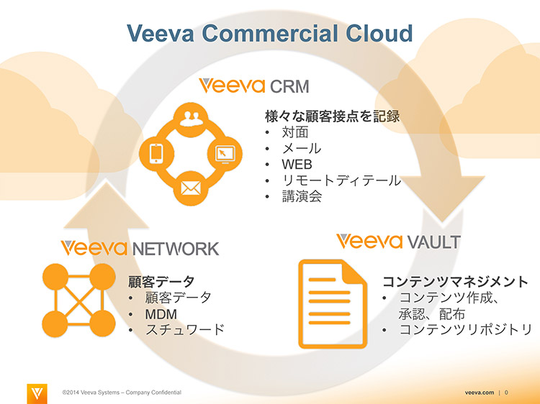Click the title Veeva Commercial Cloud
[270, 33]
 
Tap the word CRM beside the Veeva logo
[289, 86]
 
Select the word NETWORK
[176, 249]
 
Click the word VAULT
[433, 242]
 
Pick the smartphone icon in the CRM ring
[156, 153]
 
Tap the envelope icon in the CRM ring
[191, 188]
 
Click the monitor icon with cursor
[225, 154]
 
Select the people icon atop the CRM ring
[191, 119]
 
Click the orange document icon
[333, 304]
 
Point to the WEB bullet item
[297, 165]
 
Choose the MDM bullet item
[161, 314]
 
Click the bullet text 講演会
[302, 196]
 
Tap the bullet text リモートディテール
[341, 180]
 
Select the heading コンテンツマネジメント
[455, 282]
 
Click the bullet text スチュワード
[185, 329]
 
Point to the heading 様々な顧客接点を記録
[333, 116]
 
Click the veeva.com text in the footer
[480, 392]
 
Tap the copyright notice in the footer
[122, 392]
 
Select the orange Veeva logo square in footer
[37, 394]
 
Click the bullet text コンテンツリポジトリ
[466, 329]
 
